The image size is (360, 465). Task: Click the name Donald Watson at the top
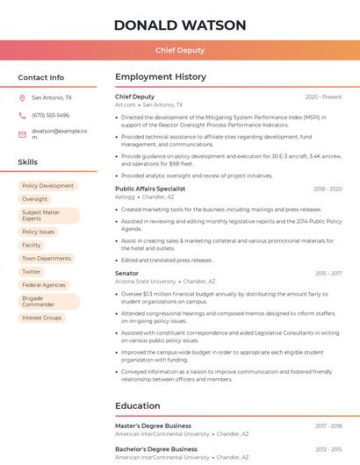[179, 25]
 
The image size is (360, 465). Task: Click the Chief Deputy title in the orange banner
[179, 51]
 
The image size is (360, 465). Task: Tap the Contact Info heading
[40, 77]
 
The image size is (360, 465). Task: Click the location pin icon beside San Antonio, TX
[22, 98]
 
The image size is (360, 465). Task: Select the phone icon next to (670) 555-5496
[22, 115]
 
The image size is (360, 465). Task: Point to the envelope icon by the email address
[22, 134]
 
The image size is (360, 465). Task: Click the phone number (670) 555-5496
[50, 115]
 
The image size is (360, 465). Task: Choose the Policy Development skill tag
[47, 186]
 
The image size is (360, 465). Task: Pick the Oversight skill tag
[35, 199]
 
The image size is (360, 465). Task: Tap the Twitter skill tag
[32, 272]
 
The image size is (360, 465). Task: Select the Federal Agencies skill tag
[44, 285]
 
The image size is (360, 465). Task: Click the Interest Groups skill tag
[42, 318]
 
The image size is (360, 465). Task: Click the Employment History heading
[161, 77]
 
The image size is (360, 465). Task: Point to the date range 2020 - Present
[323, 97]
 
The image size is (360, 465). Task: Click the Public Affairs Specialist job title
[150, 189]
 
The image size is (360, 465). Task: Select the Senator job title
[126, 274]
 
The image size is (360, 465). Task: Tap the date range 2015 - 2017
[328, 274]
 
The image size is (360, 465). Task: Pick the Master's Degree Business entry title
[153, 426]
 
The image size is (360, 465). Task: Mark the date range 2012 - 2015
[328, 449]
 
